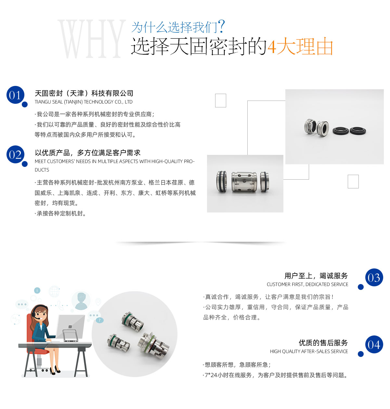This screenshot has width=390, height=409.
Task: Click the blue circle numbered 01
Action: [15, 95]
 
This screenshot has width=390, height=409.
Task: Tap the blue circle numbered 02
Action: [15, 154]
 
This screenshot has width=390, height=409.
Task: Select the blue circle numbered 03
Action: [374, 277]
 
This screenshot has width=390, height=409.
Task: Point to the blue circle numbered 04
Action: [374, 344]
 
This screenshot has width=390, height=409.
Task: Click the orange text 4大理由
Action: [300, 46]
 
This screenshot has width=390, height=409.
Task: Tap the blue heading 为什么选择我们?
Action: [178, 27]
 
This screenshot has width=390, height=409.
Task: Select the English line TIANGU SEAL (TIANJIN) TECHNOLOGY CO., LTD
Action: [84, 102]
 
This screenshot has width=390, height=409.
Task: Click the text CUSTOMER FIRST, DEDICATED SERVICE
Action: [307, 284]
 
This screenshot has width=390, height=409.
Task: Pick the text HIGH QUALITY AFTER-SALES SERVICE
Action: [309, 351]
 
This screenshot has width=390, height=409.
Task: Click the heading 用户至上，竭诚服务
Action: [316, 275]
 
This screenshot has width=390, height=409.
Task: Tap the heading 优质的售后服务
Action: [323, 342]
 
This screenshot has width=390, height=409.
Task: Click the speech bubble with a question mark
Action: [99, 320]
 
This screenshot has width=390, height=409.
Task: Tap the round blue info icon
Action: [37, 291]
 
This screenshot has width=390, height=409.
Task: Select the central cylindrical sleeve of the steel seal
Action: [244, 182]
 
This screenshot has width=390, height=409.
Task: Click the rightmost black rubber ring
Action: [358, 131]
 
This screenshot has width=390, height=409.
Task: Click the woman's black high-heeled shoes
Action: [55, 370]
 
